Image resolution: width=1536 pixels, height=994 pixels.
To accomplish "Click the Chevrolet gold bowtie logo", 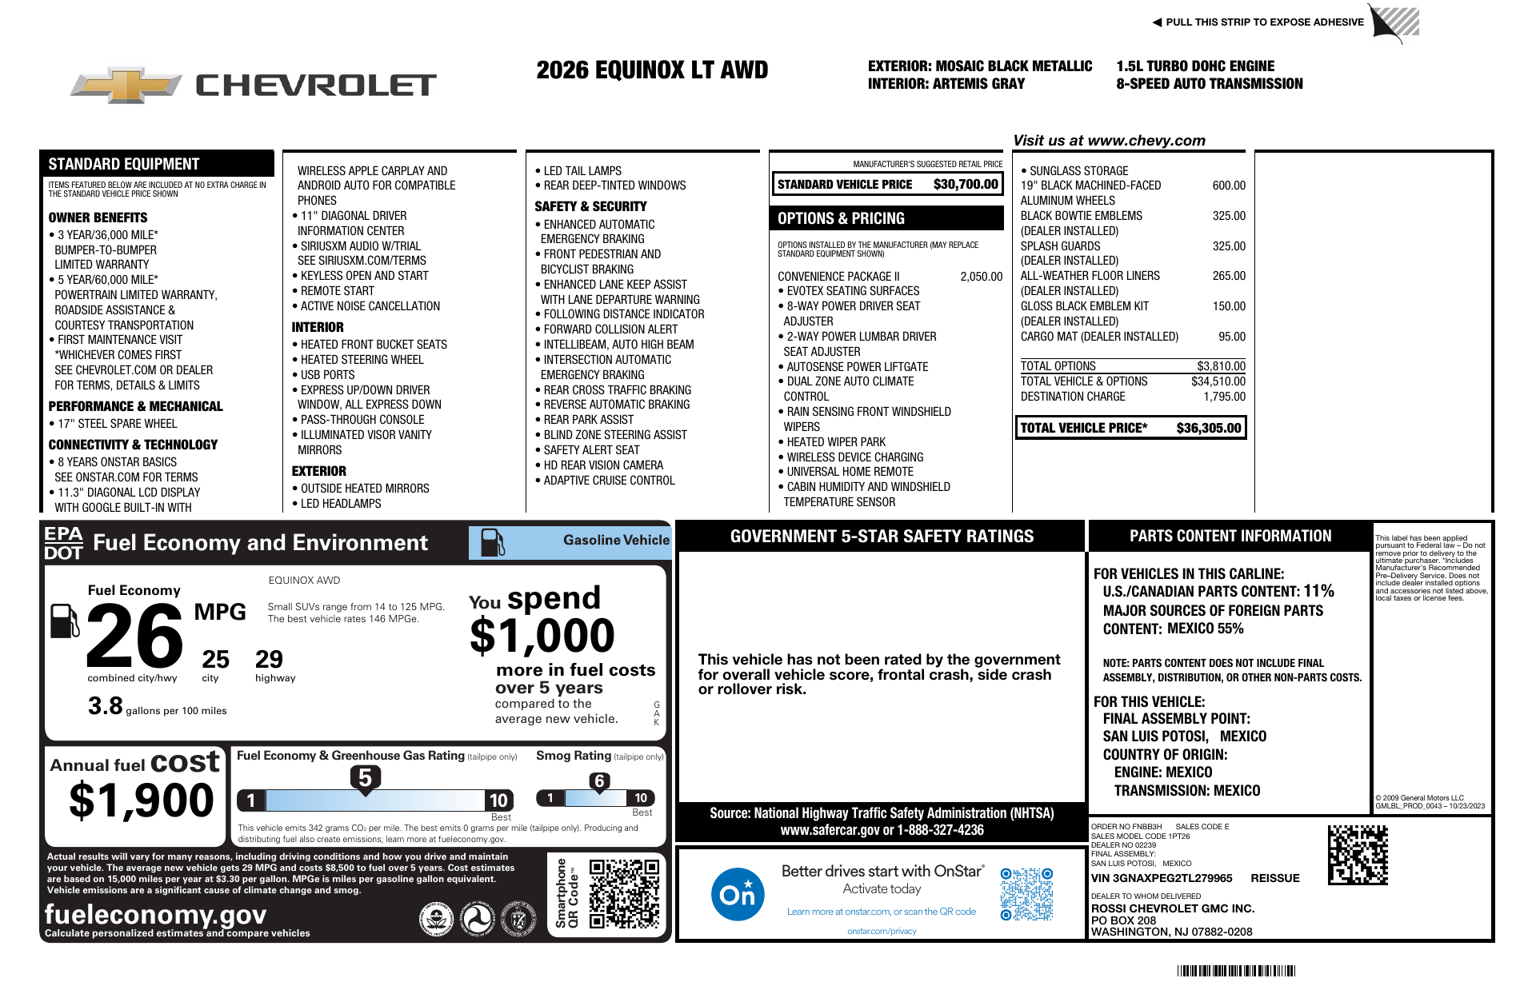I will pyautogui.click(x=126, y=85).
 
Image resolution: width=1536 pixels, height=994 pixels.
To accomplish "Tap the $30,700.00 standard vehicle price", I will pyautogui.click(x=966, y=185).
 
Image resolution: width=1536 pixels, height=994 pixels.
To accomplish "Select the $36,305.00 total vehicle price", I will pyautogui.click(x=1208, y=428).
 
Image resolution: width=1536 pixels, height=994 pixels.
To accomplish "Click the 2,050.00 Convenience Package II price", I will pyautogui.click(x=981, y=277).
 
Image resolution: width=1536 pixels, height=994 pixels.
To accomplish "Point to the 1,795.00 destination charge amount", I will pyautogui.click(x=1224, y=397).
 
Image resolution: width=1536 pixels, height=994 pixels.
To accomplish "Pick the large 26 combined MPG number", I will pyautogui.click(x=134, y=637).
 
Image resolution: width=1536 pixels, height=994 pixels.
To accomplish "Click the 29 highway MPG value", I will pyautogui.click(x=269, y=660).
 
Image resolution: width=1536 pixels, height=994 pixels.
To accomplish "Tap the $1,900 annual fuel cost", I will pyautogui.click(x=142, y=800).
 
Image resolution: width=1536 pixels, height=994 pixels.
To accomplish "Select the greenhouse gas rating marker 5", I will pyautogui.click(x=365, y=778).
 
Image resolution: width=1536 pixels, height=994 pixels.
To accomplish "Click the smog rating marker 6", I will pyautogui.click(x=599, y=781).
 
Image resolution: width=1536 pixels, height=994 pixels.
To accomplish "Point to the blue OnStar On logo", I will pyautogui.click(x=737, y=894).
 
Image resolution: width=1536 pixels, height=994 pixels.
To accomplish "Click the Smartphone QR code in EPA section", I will pyautogui.click(x=624, y=893).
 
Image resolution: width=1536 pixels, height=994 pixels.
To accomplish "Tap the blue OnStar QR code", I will pyautogui.click(x=1026, y=894).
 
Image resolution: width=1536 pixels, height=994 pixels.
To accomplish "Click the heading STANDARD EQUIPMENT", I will pyautogui.click(x=124, y=164).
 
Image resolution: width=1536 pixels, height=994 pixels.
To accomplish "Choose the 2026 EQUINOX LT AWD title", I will pyautogui.click(x=652, y=70).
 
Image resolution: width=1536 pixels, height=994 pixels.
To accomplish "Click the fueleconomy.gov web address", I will pyautogui.click(x=155, y=914).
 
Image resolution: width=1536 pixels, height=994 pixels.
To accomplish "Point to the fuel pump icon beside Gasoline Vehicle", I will pyautogui.click(x=492, y=542).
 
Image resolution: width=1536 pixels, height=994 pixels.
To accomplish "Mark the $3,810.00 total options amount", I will pyautogui.click(x=1221, y=366).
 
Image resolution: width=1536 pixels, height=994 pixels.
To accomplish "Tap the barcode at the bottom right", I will pyautogui.click(x=1235, y=971).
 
